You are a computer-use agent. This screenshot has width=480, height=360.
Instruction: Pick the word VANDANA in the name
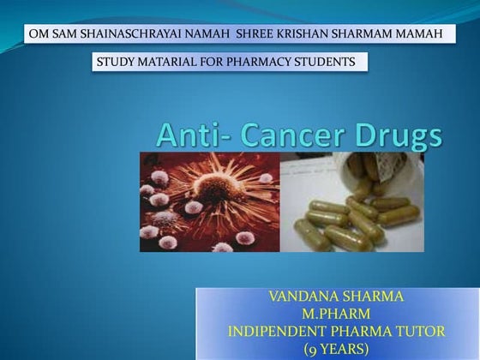tap(302, 298)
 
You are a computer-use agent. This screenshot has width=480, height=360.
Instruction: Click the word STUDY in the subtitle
tap(116, 63)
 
